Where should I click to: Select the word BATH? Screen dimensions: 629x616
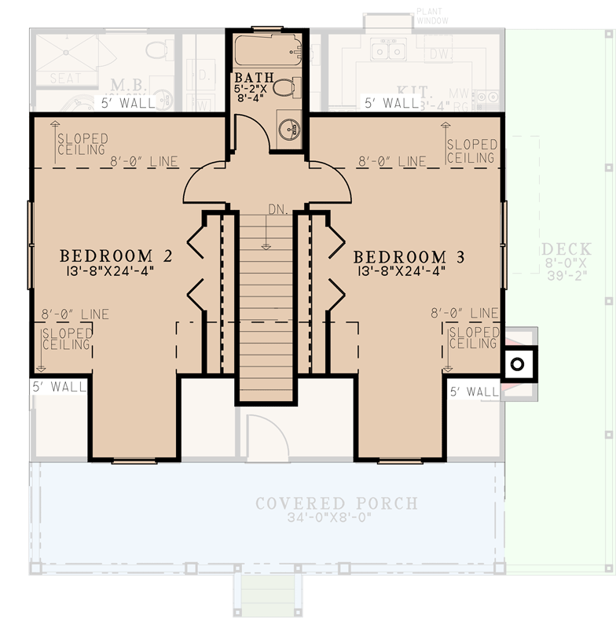pos(254,78)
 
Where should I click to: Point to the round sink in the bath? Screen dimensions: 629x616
pos(290,130)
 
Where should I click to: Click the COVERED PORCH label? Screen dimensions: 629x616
pos(335,503)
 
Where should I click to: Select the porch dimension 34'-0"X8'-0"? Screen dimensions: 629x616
pos(336,518)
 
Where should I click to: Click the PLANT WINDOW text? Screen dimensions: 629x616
pos(431,17)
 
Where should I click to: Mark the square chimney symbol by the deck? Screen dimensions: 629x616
pos(517,364)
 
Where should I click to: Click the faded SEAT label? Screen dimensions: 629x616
pos(66,79)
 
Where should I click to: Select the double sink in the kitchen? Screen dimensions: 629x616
pos(388,51)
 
